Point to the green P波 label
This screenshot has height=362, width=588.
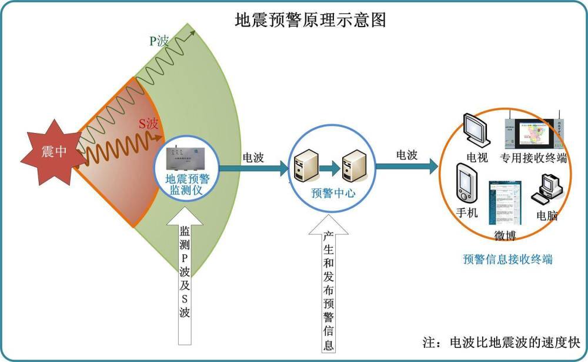pyautogui.click(x=159, y=41)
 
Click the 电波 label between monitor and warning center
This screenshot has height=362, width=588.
pyautogui.click(x=253, y=158)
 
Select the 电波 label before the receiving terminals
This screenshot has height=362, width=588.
pyautogui.click(x=407, y=155)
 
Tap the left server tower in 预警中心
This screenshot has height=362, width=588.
pyautogui.click(x=306, y=167)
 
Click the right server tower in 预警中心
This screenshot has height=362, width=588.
pyautogui.click(x=355, y=166)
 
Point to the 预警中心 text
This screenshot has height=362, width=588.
pyautogui.click(x=333, y=193)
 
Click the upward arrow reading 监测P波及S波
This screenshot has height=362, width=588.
pyautogui.click(x=185, y=277)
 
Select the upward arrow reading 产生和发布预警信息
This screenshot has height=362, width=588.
pyautogui.click(x=328, y=288)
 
